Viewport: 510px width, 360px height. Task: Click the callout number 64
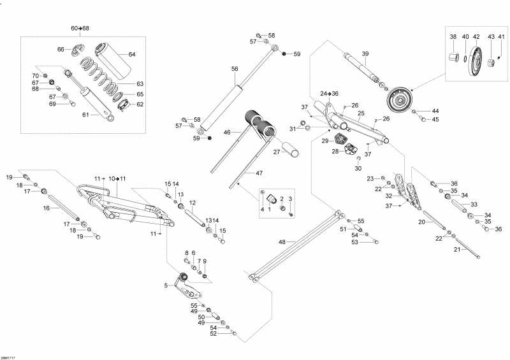click(x=132, y=54)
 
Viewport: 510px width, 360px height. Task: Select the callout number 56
click(x=235, y=69)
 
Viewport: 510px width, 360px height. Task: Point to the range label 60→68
click(x=80, y=29)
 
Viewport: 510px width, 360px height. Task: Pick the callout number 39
click(x=365, y=54)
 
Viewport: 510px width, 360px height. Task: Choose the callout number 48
click(x=282, y=242)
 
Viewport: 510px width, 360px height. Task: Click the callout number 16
click(x=47, y=208)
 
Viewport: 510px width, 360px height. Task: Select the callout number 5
click(x=166, y=285)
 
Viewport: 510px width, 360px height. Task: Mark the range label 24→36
click(x=330, y=94)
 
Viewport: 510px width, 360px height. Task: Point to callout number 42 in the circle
click(x=476, y=37)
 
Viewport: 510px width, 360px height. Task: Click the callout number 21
click(x=456, y=249)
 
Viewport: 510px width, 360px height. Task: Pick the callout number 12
click(x=192, y=203)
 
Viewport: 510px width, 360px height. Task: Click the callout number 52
click(x=214, y=333)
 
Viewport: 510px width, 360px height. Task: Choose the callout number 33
click(x=474, y=204)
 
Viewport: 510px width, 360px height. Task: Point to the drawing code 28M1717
click(x=8, y=357)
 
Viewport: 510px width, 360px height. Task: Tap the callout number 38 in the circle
click(x=453, y=37)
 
